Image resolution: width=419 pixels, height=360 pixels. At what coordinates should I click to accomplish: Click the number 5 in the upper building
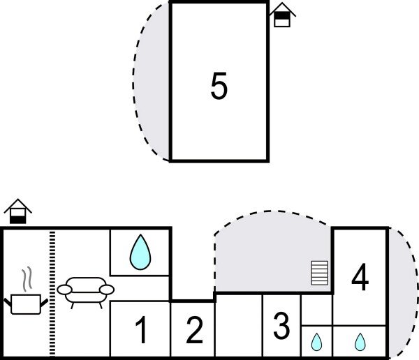[x=219, y=87]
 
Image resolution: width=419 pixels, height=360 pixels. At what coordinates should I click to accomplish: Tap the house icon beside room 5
[x=281, y=15]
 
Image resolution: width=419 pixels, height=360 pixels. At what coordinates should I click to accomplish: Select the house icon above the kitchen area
[x=17, y=211]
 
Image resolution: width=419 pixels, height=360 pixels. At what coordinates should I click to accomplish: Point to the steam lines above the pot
[x=27, y=280]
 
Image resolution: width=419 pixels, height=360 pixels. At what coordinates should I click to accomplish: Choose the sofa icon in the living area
[x=85, y=292]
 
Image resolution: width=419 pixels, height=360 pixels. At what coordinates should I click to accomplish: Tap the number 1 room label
[x=141, y=331]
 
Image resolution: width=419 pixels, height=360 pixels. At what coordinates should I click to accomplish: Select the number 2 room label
[x=194, y=330]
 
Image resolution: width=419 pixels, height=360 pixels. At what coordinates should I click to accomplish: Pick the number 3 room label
[x=281, y=324]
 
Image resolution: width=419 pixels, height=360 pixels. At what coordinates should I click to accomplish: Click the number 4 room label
[x=360, y=278]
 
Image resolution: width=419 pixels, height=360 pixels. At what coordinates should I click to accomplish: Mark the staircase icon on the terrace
[x=319, y=272]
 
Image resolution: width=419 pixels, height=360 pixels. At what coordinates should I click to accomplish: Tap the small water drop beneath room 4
[x=360, y=342]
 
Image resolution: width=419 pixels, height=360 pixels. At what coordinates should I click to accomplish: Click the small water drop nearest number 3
[x=316, y=342]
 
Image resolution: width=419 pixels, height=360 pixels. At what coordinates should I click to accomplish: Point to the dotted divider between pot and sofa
[x=52, y=293]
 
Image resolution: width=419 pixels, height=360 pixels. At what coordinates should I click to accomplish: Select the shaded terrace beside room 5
[x=152, y=84]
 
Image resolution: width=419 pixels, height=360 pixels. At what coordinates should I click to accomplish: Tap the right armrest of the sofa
[x=107, y=289]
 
